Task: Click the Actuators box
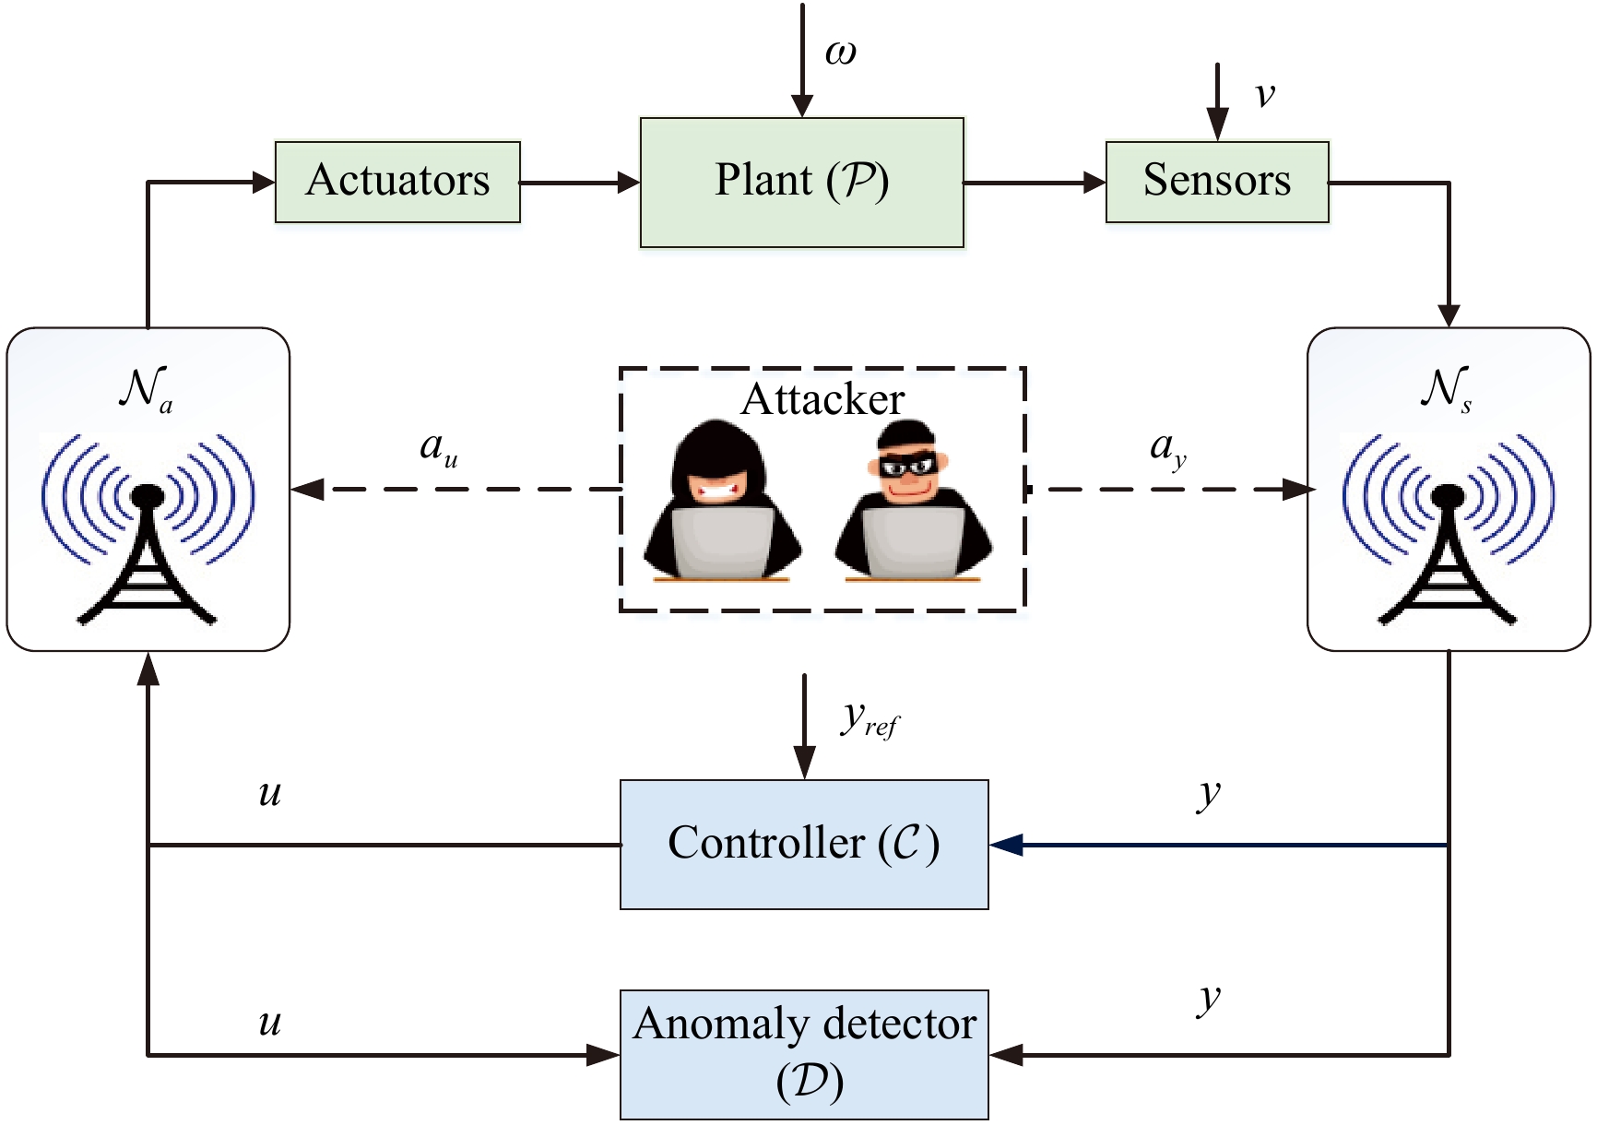[x=397, y=182]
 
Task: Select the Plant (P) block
[x=802, y=183]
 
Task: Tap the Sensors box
[x=1217, y=182]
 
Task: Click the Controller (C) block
[x=804, y=845]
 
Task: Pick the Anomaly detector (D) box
[x=804, y=1055]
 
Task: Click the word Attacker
[x=822, y=399]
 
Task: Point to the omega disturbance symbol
[x=840, y=53]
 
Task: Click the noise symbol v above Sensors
[x=1265, y=95]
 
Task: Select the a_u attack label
[x=439, y=450]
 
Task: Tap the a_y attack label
[x=1168, y=450]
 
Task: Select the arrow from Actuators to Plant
[x=580, y=183]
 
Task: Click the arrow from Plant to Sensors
[x=1035, y=183]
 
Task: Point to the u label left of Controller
[x=269, y=794]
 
